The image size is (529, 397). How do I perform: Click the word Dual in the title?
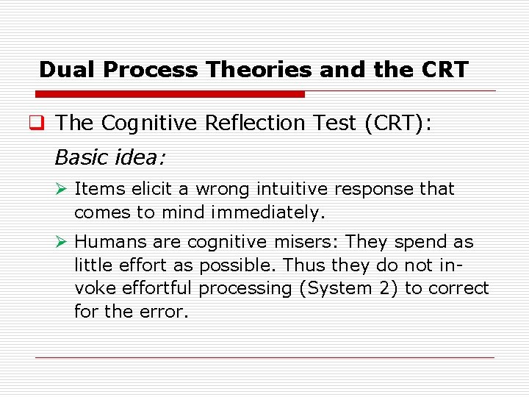pos(68,70)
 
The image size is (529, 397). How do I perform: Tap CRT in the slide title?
pos(445,70)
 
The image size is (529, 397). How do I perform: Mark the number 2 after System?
pos(383,288)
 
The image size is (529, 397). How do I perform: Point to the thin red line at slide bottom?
pos(264,357)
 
